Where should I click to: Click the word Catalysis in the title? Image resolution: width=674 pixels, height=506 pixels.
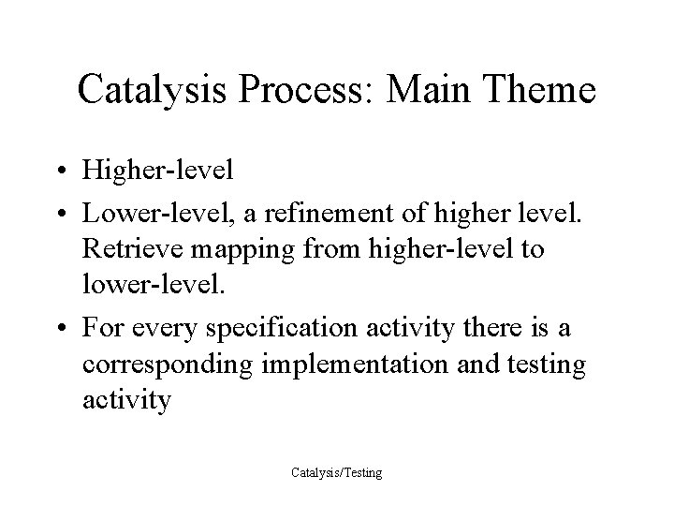[155, 90]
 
